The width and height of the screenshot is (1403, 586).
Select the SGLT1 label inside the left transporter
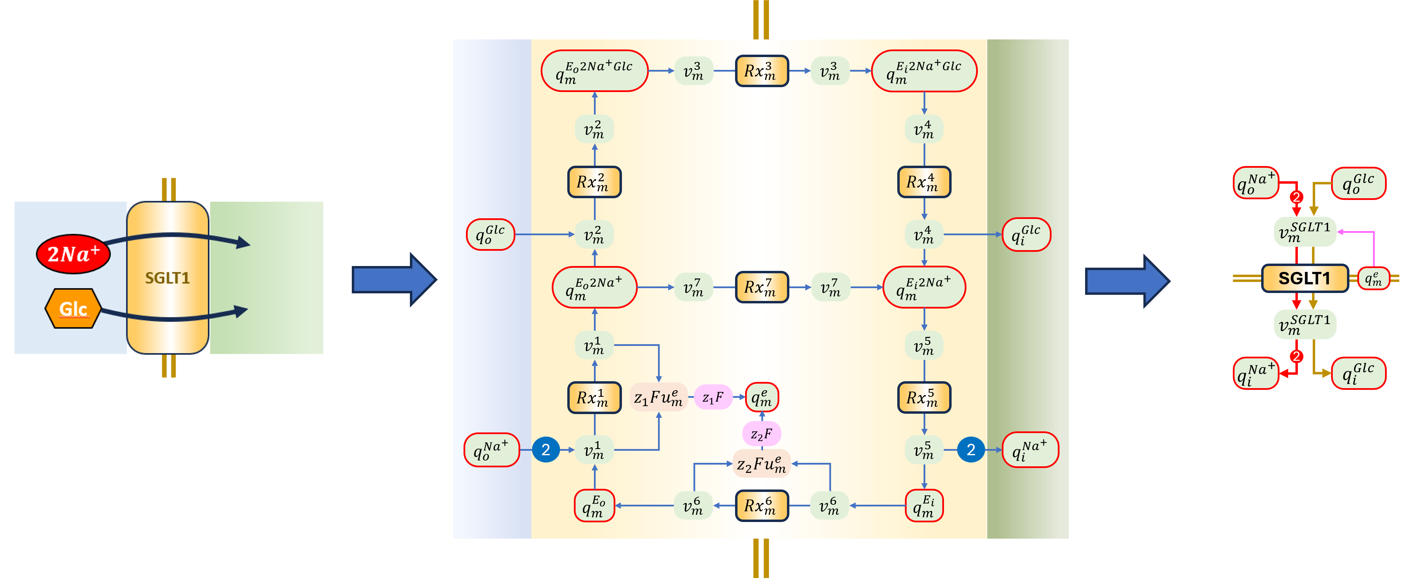[x=167, y=278]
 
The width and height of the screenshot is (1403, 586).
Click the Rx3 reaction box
[x=761, y=71]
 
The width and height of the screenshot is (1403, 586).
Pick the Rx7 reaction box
[x=761, y=287]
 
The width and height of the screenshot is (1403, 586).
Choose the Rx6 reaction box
[x=761, y=505]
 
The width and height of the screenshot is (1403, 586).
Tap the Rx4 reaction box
[x=924, y=182]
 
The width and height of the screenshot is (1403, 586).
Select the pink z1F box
[x=712, y=397]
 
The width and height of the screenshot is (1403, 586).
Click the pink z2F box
[x=761, y=433]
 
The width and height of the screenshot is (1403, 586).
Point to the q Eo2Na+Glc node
[x=594, y=71]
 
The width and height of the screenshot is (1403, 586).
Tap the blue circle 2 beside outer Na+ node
[x=546, y=450]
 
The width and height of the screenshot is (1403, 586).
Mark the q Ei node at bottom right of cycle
[x=924, y=505]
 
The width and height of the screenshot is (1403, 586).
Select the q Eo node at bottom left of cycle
[x=594, y=505]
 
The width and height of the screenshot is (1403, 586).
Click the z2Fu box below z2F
[x=761, y=464]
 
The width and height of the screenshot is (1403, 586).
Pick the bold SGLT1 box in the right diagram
[x=1304, y=278]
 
